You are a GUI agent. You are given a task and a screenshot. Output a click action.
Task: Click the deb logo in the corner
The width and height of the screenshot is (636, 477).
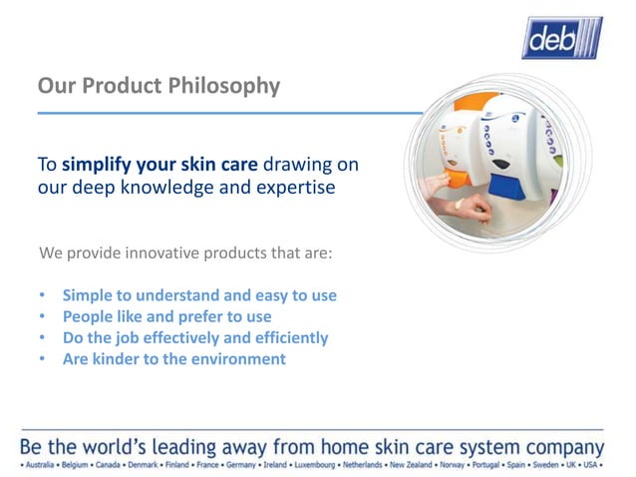point(561,38)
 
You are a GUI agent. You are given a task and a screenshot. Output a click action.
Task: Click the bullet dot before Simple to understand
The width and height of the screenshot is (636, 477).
point(42,296)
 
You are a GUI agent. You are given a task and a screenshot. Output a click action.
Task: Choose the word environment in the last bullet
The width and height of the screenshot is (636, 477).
point(236,359)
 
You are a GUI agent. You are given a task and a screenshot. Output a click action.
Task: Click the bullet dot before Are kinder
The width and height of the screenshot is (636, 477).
point(42,359)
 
